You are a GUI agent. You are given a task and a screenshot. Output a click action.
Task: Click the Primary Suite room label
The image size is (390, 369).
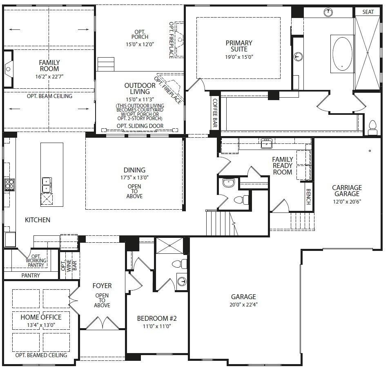tap(239, 46)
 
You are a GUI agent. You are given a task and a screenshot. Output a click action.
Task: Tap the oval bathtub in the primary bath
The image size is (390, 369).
tap(342, 54)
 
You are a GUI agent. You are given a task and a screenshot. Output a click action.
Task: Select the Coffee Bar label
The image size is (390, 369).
tap(215, 113)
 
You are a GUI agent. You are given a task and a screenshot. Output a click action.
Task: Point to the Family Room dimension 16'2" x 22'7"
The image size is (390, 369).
tap(49, 76)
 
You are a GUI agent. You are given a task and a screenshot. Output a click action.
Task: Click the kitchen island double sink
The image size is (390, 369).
tap(47, 185)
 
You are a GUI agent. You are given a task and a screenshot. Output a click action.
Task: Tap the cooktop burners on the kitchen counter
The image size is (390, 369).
tap(9, 185)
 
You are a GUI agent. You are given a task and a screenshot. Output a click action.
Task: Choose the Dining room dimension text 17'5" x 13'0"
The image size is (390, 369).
tap(134, 177)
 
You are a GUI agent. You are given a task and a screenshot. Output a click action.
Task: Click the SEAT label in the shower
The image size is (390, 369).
tap(368, 12)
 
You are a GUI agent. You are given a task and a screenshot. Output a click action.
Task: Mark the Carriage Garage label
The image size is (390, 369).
tap(347, 190)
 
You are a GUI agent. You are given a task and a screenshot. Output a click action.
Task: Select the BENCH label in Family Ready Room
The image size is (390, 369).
tap(308, 197)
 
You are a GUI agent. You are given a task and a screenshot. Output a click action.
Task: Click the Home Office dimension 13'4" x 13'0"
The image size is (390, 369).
tap(41, 325)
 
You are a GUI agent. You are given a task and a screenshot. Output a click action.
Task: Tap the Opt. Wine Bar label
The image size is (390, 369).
tap(69, 265)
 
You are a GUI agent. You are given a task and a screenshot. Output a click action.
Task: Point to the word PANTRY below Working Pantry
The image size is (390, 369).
tap(31, 275)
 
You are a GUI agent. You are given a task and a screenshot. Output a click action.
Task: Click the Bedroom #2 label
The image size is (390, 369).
tap(157, 318)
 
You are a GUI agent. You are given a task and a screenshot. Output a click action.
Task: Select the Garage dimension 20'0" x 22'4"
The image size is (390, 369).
tap(243, 304)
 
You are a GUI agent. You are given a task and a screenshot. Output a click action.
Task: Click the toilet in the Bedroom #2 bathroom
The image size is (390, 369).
tap(180, 264)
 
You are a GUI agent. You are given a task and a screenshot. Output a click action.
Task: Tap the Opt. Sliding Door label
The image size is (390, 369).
tap(140, 126)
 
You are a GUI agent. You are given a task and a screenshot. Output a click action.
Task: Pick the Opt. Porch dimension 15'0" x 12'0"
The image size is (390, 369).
tap(140, 44)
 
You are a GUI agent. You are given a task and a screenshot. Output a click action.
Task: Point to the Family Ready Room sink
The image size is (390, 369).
tap(266, 143)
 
